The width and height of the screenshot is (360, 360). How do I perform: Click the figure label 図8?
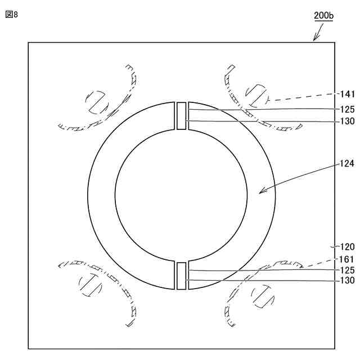[x=11, y=15]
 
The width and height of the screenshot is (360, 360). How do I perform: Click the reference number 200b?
[x=324, y=15]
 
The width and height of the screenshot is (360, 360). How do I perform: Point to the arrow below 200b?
[x=318, y=32]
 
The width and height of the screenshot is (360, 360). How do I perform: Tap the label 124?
[x=347, y=164]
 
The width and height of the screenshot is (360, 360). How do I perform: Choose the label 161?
[x=347, y=259]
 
